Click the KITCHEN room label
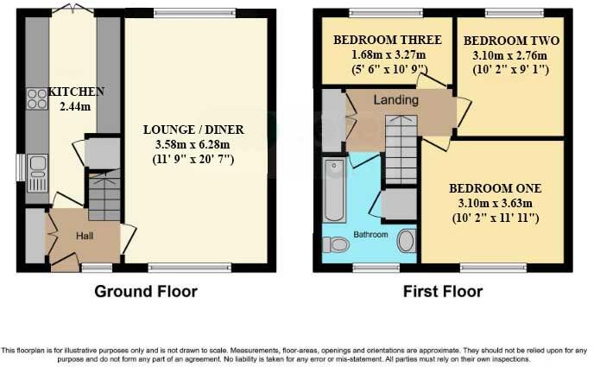(x=76, y=92)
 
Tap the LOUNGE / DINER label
(x=193, y=130)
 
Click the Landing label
(x=395, y=101)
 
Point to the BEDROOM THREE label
(x=387, y=40)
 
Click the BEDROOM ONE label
(x=495, y=188)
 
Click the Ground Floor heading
(x=145, y=292)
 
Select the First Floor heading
(x=443, y=292)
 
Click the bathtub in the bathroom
(x=333, y=189)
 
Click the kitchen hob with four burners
(x=37, y=100)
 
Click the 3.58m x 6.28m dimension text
(x=193, y=144)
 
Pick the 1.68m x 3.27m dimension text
(x=387, y=54)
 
